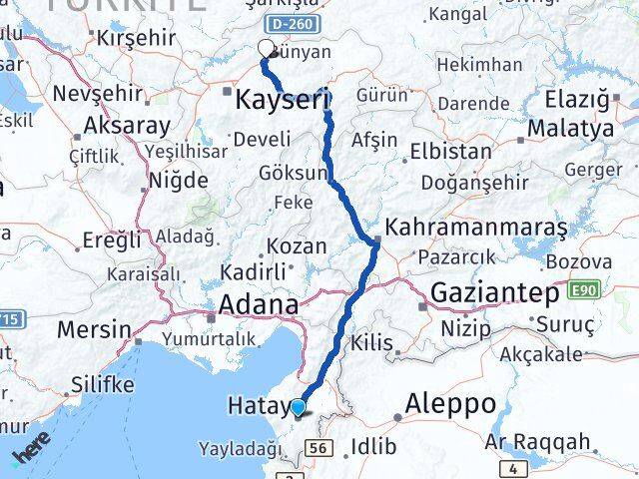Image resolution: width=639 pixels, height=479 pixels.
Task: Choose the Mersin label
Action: click(94, 329)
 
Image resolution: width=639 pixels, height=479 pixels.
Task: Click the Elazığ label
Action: click(577, 99)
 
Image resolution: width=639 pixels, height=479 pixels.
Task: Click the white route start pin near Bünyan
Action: click(267, 49)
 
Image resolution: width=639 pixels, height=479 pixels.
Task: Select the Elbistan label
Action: click(451, 153)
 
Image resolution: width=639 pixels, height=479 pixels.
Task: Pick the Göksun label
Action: click(293, 173)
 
